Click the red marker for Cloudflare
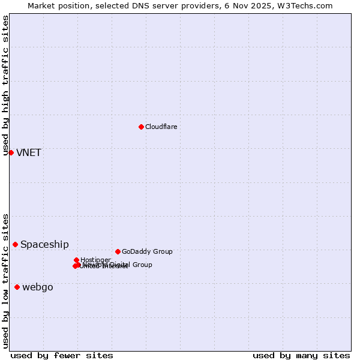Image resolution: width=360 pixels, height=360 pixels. point(141,127)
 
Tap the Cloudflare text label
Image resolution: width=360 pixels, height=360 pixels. point(161,127)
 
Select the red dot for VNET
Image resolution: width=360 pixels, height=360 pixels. point(11,152)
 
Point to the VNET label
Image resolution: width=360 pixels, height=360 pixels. point(29,152)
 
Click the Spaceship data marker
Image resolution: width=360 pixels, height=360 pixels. point(15,244)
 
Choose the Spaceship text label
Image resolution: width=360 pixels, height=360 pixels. point(44,244)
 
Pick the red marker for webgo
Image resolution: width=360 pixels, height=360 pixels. point(17,287)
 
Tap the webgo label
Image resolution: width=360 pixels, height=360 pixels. point(38,287)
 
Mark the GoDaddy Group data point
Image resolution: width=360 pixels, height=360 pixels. point(118,251)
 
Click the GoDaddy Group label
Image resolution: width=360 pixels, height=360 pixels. point(147,251)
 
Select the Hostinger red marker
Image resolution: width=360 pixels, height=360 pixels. point(76,260)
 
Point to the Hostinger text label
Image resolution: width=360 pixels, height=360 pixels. point(95,260)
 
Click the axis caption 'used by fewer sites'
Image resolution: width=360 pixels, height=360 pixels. point(62,355)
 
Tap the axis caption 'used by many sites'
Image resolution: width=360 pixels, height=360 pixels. point(301,355)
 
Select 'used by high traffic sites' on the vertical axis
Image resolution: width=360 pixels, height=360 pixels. point(5,85)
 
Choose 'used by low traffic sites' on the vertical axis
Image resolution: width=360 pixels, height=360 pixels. point(5,281)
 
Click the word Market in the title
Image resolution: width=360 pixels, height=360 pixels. point(42,5)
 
